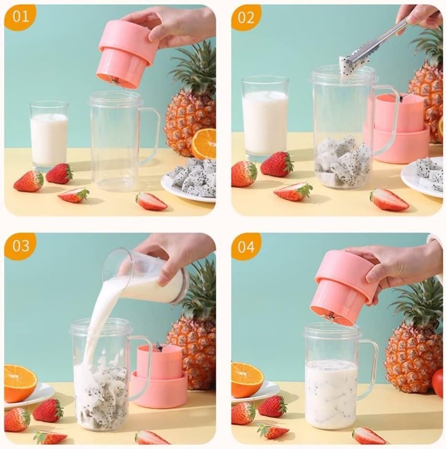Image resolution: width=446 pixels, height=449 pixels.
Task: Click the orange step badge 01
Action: coord(20,18)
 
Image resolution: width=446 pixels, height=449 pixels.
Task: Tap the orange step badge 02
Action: coord(246,18)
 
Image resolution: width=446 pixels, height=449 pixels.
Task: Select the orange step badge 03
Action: coord(20,246)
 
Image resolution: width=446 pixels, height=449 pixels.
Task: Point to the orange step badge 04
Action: coord(246,246)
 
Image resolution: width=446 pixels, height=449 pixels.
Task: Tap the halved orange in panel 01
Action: coord(204,144)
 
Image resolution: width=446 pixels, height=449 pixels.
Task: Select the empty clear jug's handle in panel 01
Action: coord(152,137)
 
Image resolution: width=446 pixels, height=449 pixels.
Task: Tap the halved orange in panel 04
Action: coord(247,379)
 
